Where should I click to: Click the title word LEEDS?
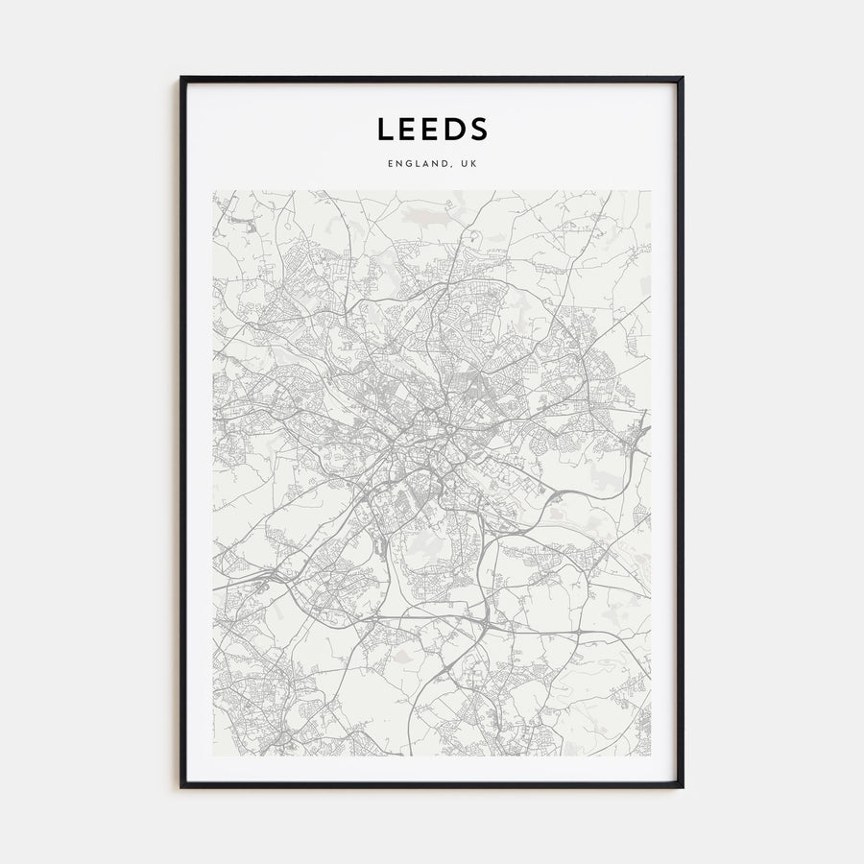pos(432,129)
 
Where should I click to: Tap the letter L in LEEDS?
pos(384,129)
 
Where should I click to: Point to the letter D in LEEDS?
pos(454,129)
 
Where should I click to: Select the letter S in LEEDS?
pos(479,129)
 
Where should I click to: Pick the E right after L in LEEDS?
pos(406,129)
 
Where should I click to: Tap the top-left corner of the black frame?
pos(181,78)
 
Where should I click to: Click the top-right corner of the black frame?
pos(683,78)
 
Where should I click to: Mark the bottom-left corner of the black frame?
pos(181,787)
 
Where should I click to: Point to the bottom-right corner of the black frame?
pos(683,787)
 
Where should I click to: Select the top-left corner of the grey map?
pos(213,190)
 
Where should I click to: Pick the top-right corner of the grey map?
pos(651,190)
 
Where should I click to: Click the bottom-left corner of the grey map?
pos(213,756)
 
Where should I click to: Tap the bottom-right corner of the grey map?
pos(651,756)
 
